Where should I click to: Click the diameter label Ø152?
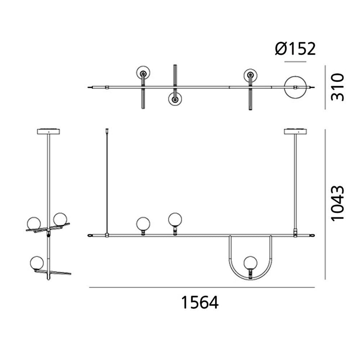click(295, 49)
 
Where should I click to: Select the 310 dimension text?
click(337, 87)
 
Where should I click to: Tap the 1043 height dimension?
click(337, 204)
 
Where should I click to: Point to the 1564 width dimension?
click(199, 303)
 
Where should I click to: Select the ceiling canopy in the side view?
click(48, 131)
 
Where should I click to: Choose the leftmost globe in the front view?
click(143, 224)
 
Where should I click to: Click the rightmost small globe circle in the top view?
click(250, 75)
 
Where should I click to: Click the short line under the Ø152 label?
click(295, 62)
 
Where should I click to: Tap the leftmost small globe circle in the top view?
click(143, 73)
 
